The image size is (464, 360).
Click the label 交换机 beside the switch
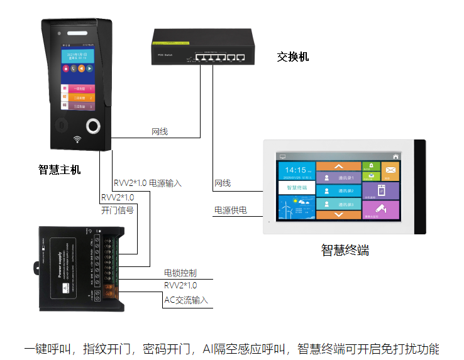pyautogui.click(x=292, y=57)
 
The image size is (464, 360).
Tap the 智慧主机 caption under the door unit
pyautogui.click(x=60, y=169)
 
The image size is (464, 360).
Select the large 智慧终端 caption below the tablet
pyautogui.click(x=345, y=250)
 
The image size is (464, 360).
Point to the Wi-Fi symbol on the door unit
pyautogui.click(x=77, y=139)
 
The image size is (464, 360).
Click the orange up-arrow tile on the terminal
pyautogui.click(x=339, y=166)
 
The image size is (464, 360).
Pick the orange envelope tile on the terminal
pyautogui.click(x=390, y=170)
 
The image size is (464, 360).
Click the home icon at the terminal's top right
pyautogui.click(x=395, y=155)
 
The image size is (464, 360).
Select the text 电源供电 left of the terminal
pyautogui.click(x=231, y=210)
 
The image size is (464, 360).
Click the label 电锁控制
pyautogui.click(x=180, y=273)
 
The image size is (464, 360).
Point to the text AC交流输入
pyautogui.click(x=186, y=300)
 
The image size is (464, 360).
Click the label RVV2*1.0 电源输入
pyautogui.click(x=148, y=183)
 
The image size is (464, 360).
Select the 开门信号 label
pyautogui.click(x=118, y=210)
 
